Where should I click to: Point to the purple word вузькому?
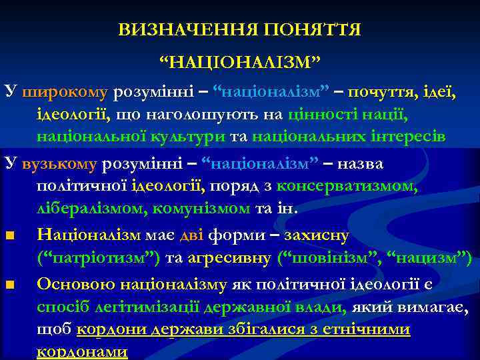[x=60, y=164]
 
